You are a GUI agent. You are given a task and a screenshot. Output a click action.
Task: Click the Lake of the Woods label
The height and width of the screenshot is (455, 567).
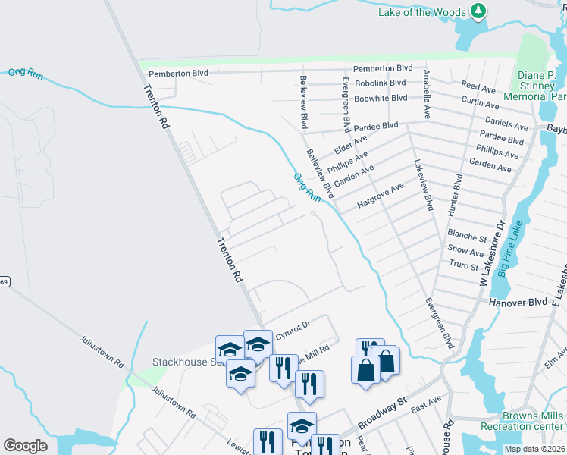(x=421, y=11)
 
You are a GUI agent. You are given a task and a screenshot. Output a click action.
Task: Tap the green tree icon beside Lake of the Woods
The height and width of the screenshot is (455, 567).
(x=478, y=11)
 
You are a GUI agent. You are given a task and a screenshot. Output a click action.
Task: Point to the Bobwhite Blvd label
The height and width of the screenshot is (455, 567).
(x=381, y=99)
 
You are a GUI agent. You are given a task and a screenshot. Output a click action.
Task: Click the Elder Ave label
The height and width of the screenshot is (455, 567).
(x=350, y=140)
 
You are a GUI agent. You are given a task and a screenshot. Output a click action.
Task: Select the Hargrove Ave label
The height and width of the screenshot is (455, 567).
(x=381, y=195)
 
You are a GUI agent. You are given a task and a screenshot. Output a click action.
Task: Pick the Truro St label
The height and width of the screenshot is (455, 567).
(x=464, y=265)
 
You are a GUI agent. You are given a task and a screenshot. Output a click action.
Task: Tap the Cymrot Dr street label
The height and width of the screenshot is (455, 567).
(x=293, y=325)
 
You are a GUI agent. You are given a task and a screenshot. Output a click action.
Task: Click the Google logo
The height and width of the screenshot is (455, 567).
(x=26, y=446)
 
